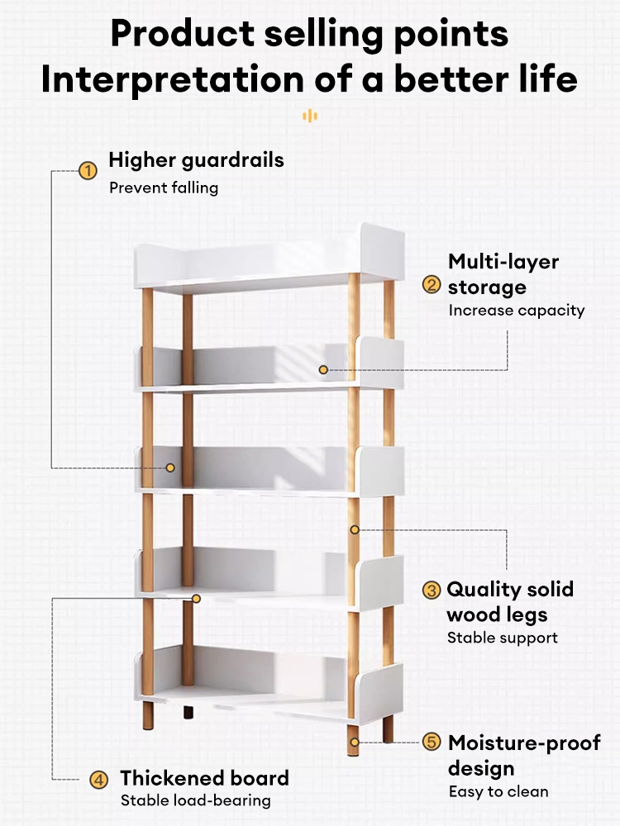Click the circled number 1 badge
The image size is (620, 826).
(88, 172)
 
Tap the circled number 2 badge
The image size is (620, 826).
(432, 285)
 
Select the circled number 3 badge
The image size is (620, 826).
(432, 590)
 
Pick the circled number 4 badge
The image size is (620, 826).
(98, 779)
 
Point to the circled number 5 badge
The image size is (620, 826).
(432, 742)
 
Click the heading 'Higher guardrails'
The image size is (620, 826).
(196, 159)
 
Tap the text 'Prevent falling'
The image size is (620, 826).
(164, 188)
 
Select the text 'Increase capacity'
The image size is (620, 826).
(517, 311)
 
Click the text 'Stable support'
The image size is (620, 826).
(503, 638)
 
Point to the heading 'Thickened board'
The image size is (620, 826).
(204, 778)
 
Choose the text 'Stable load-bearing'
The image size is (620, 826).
(196, 800)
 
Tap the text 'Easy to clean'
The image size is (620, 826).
(498, 791)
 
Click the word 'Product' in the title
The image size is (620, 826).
(183, 34)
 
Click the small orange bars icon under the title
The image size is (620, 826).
(310, 116)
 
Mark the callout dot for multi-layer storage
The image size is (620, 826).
(323, 370)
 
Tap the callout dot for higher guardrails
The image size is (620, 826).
(170, 468)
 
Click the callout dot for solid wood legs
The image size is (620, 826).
(354, 529)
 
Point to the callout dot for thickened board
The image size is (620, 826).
(196, 597)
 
